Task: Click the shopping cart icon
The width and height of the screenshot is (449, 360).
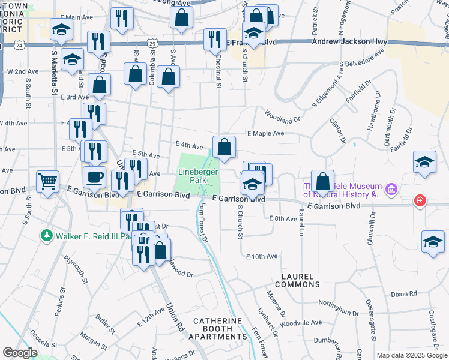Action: [47, 180]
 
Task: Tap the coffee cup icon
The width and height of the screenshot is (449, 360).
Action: [94, 178]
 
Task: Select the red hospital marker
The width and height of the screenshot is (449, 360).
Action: [420, 201]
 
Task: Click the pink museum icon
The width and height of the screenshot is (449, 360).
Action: [392, 190]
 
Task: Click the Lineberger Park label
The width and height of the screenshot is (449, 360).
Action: [197, 176]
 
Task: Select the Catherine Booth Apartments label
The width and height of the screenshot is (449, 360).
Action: [218, 329]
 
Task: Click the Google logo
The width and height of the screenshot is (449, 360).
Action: [20, 352]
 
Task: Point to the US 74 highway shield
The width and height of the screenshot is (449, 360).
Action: [20, 45]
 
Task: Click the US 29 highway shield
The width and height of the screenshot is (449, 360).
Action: [153, 43]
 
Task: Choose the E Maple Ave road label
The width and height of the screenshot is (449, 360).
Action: [265, 133]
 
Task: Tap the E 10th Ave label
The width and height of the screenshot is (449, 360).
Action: [262, 256]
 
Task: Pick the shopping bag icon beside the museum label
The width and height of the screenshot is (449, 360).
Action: [322, 181]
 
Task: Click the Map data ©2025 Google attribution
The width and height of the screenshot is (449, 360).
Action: [412, 355]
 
